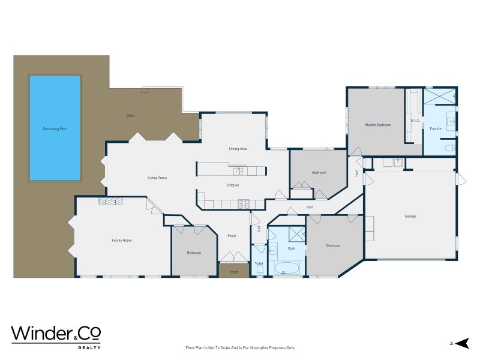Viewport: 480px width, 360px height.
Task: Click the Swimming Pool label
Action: coord(55,129)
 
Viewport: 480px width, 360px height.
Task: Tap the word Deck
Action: coord(130,115)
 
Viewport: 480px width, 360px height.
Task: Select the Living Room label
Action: coord(157,178)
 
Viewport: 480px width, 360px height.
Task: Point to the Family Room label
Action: coord(121,240)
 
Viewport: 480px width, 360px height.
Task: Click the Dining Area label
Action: coord(238,148)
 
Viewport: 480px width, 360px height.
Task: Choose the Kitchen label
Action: coord(233,185)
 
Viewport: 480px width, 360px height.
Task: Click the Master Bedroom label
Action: coord(378,125)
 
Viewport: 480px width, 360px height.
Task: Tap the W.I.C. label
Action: coord(415,120)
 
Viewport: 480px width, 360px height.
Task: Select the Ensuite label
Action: coord(436,128)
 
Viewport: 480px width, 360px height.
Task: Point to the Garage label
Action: coord(410,216)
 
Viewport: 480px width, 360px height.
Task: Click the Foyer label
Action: coord(232,236)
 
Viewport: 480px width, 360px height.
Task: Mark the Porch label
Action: coord(233,272)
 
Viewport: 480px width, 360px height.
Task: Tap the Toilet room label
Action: coord(259,263)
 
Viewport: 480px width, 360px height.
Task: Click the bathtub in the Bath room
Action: coord(289,268)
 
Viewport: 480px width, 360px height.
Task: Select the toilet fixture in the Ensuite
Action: coord(450,147)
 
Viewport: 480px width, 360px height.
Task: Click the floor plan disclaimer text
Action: coord(240,347)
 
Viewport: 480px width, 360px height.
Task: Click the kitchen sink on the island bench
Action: coord(238,171)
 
